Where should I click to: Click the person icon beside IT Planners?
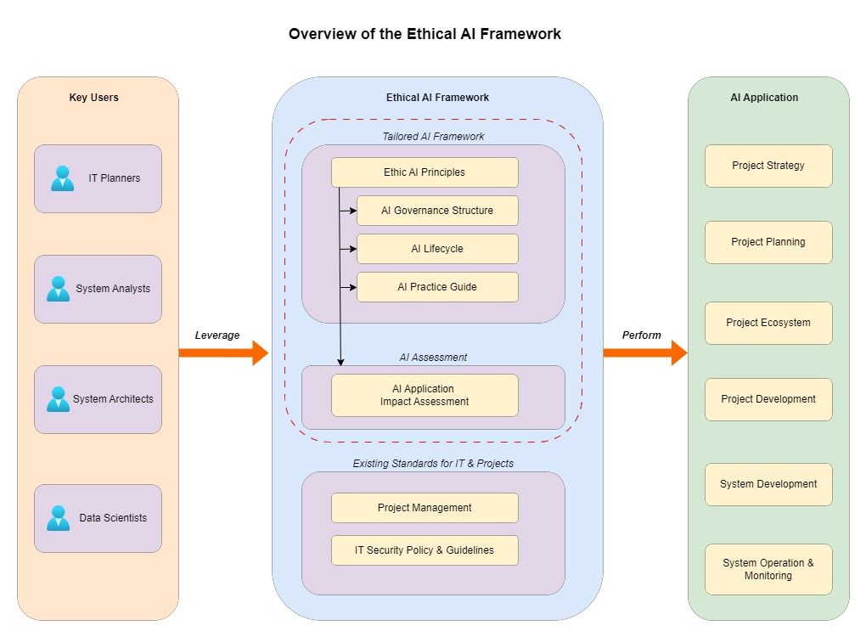pyautogui.click(x=62, y=178)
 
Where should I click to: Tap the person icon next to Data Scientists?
pyautogui.click(x=59, y=518)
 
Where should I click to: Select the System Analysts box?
pyautogui.click(x=98, y=289)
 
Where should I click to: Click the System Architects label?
pyautogui.click(x=113, y=399)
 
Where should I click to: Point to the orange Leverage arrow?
pyautogui.click(x=222, y=352)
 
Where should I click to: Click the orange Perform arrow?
pyautogui.click(x=644, y=352)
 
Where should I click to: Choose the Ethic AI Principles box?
pyautogui.click(x=425, y=172)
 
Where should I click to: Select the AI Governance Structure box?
pyautogui.click(x=437, y=211)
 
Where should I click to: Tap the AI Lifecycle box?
pyautogui.click(x=437, y=249)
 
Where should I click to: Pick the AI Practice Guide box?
pyautogui.click(x=437, y=287)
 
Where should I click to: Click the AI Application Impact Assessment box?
pyautogui.click(x=425, y=396)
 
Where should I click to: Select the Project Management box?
pyautogui.click(x=425, y=508)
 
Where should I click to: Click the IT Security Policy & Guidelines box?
pyautogui.click(x=425, y=550)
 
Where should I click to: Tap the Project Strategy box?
pyautogui.click(x=768, y=166)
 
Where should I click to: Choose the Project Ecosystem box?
pyautogui.click(x=768, y=323)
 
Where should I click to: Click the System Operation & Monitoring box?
pyautogui.click(x=768, y=569)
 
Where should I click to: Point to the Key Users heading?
pyautogui.click(x=94, y=98)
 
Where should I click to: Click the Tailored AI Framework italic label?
pyautogui.click(x=433, y=136)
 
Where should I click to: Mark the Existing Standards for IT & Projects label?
pyautogui.click(x=433, y=464)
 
